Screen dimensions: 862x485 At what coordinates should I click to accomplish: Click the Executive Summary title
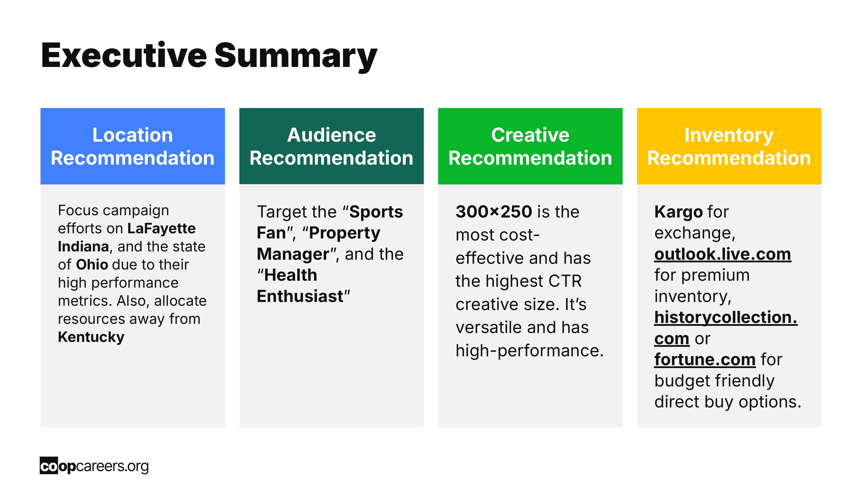(209, 56)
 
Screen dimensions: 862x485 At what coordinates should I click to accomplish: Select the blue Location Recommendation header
(132, 146)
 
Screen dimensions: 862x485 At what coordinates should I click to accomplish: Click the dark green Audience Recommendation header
(331, 146)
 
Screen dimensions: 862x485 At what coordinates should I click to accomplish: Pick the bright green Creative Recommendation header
(530, 146)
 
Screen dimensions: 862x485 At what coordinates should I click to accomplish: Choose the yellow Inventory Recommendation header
(729, 146)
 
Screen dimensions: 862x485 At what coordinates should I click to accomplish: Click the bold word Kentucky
(91, 337)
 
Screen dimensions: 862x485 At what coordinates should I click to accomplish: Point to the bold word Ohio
(92, 264)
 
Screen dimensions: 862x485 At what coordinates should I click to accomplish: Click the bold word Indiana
(83, 247)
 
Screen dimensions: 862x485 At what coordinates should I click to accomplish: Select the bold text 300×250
(494, 212)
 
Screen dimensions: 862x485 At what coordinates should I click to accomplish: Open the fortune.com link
(705, 360)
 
